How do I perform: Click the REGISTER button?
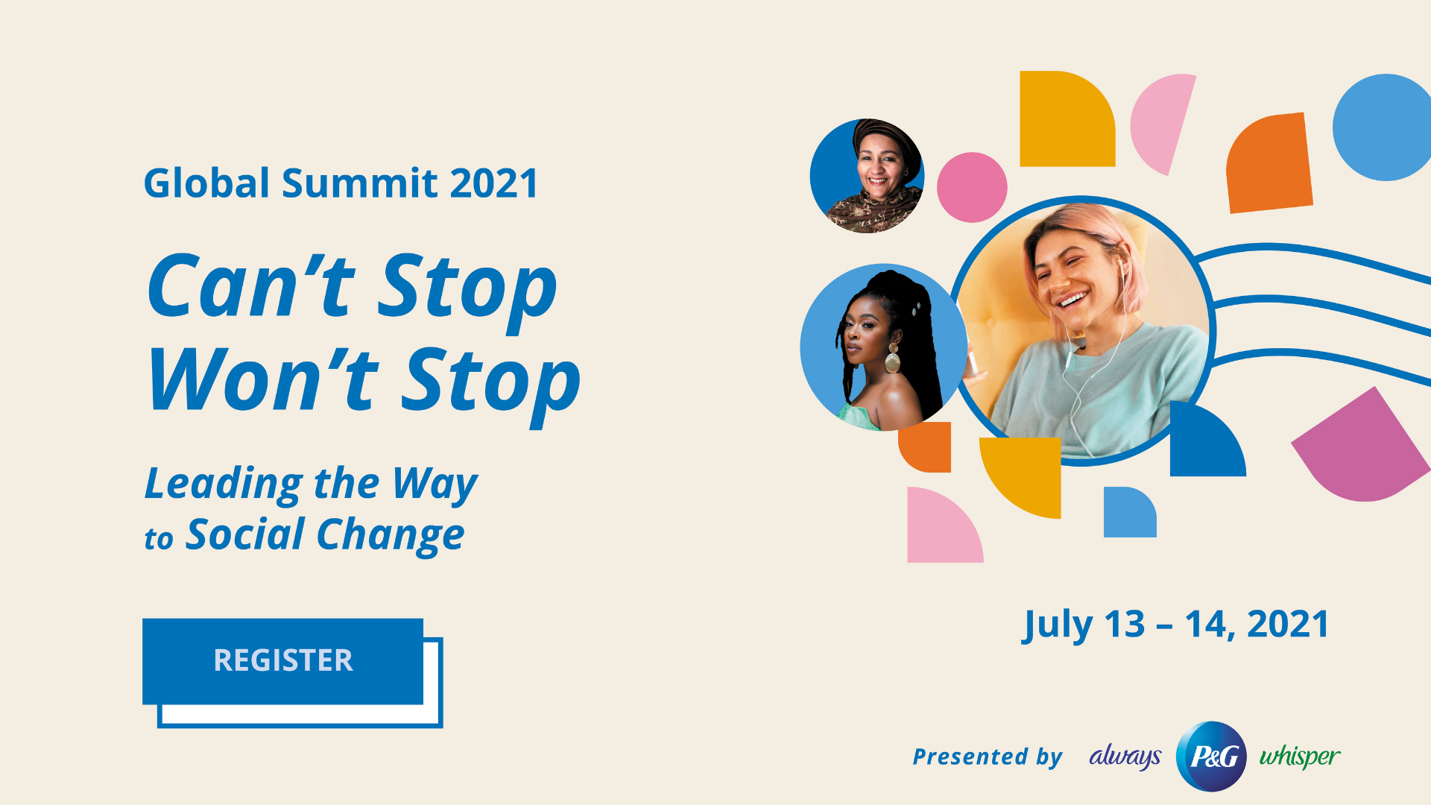tap(283, 661)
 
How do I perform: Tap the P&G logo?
tap(1211, 756)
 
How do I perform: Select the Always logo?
tap(1125, 757)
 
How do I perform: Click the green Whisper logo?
tap(1300, 757)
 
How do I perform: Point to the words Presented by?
tap(988, 757)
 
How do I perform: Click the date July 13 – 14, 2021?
tap(1176, 625)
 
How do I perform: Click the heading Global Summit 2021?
tap(341, 183)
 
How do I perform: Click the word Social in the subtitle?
tap(246, 534)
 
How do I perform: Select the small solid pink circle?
tap(972, 187)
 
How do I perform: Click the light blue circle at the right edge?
tap(1383, 127)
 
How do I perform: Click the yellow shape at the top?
tap(1066, 119)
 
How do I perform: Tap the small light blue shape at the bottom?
tap(1129, 513)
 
